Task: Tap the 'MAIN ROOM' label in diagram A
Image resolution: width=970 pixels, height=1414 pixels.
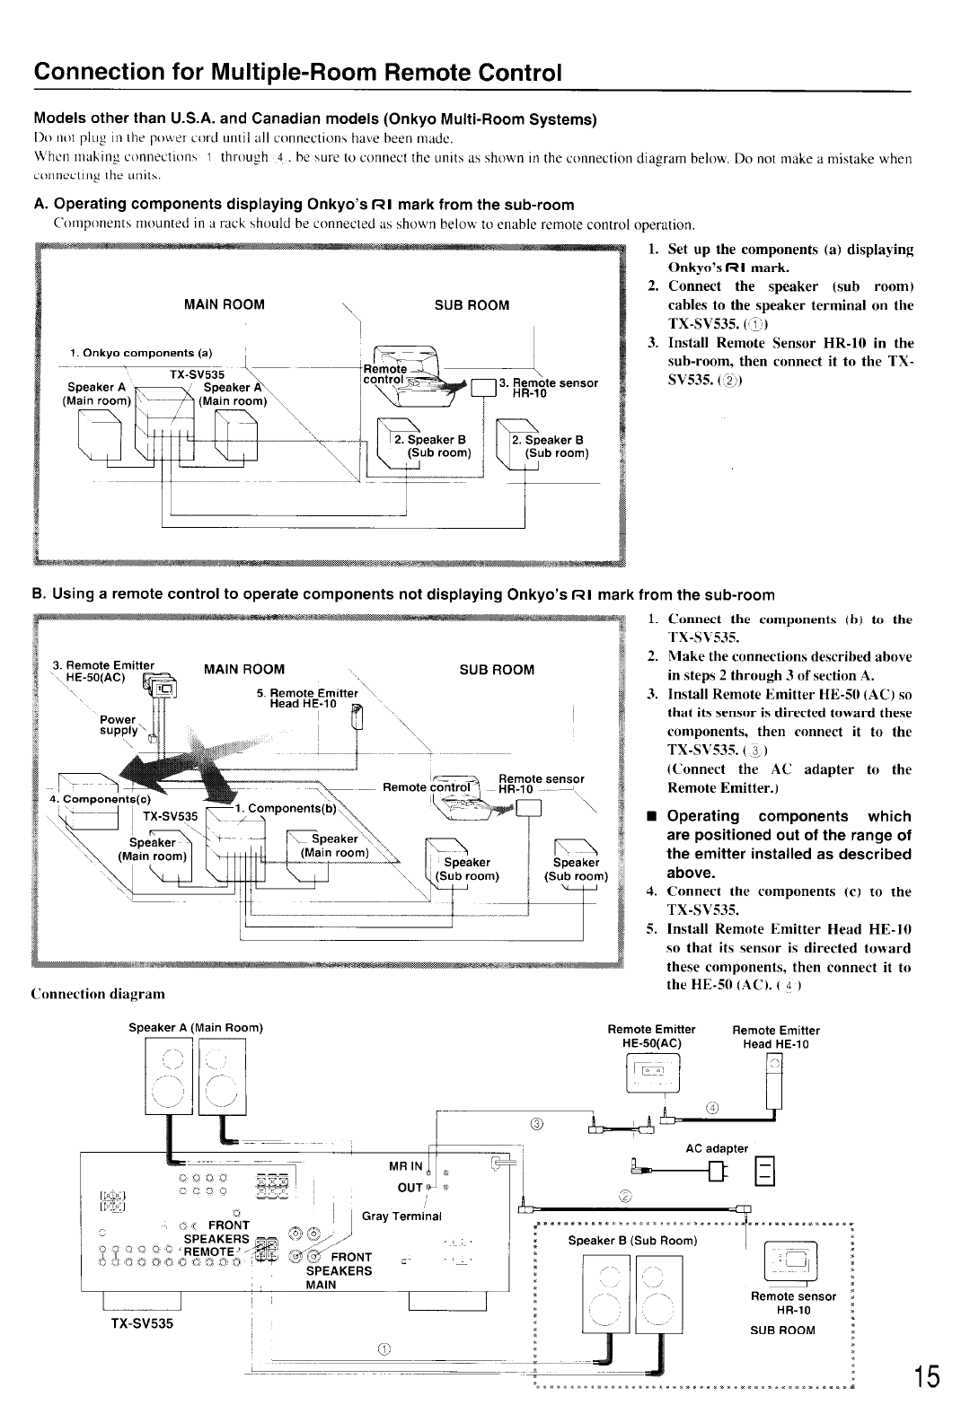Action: [x=224, y=304]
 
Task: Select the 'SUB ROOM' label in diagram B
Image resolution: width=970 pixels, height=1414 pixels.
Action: [x=497, y=669]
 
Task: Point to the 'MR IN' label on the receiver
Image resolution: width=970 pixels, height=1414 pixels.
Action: [x=405, y=1166]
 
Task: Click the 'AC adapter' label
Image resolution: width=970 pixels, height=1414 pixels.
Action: [x=716, y=1148]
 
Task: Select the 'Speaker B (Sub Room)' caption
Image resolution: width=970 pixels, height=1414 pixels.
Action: [x=632, y=1240]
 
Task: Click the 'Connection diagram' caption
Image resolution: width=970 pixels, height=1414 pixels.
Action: [x=98, y=994]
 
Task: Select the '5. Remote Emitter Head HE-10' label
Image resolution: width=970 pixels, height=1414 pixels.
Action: [x=305, y=698]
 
